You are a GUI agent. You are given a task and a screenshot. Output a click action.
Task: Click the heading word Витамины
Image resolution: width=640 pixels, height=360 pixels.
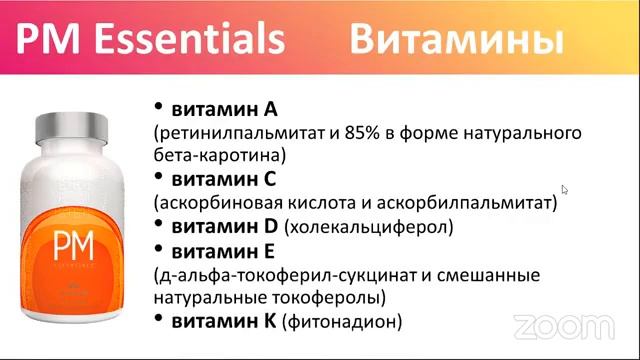point(455,41)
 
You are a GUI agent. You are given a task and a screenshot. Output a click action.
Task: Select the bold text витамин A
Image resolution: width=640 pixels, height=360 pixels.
point(229,109)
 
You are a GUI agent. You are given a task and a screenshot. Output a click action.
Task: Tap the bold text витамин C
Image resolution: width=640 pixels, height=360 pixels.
point(229,179)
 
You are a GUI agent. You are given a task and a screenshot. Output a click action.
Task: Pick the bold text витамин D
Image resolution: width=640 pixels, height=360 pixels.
point(230,226)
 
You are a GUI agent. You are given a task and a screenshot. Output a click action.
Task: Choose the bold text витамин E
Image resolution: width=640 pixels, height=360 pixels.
point(228,250)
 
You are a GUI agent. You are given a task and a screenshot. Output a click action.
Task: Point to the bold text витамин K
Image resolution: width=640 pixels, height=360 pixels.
point(229,320)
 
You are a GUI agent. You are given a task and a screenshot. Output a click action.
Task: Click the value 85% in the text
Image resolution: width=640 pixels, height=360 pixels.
point(360,133)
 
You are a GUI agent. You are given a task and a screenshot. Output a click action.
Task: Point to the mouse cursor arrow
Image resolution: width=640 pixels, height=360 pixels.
point(565,189)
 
